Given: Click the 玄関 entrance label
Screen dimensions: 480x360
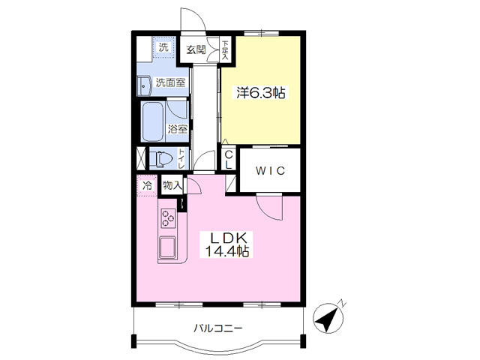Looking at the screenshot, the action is [196, 49].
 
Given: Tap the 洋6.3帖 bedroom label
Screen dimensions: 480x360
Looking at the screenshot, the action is [261, 93].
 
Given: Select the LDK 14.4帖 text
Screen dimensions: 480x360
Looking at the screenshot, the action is [226, 244].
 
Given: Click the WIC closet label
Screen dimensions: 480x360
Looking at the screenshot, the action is [270, 170].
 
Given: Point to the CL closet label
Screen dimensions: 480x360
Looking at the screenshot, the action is [229, 160].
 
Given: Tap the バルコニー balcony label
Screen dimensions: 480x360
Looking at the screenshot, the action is [218, 328].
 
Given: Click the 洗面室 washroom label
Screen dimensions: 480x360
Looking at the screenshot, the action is [170, 82].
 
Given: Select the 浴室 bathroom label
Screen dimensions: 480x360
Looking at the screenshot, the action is [177, 129].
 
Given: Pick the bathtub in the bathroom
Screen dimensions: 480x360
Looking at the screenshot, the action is [152, 121].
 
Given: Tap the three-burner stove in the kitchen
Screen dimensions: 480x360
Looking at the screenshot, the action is [168, 218].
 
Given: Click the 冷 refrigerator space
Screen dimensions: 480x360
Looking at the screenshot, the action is [147, 185].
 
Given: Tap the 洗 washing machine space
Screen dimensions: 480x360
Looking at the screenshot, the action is [163, 46].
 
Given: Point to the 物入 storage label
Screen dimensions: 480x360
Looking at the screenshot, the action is [172, 184].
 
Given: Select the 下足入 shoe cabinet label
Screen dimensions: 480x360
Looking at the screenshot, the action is [225, 49].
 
